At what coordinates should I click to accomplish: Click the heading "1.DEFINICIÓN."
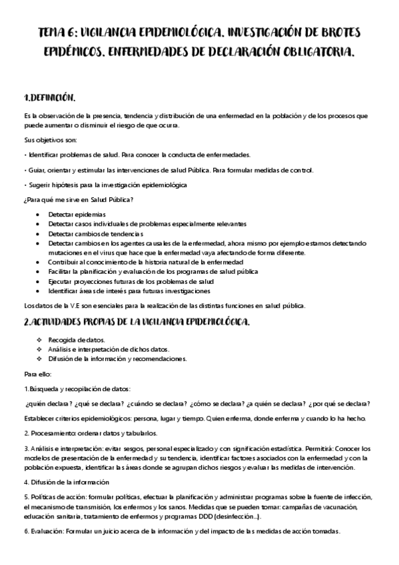click(50, 97)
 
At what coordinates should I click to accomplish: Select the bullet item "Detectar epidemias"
click(77, 215)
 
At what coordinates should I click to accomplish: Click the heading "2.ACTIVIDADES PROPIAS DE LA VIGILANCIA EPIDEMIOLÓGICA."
click(137, 322)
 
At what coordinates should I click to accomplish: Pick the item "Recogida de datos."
click(76, 340)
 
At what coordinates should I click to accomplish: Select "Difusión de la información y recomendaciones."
click(117, 358)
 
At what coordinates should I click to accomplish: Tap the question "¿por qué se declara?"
click(344, 404)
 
